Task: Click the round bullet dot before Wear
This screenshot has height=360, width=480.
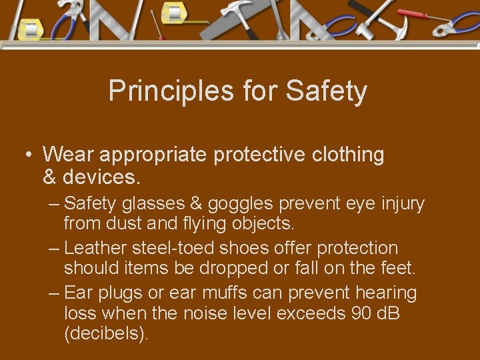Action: (28, 155)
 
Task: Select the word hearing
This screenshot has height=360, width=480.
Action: (387, 293)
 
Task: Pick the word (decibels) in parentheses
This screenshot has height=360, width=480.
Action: (106, 333)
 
